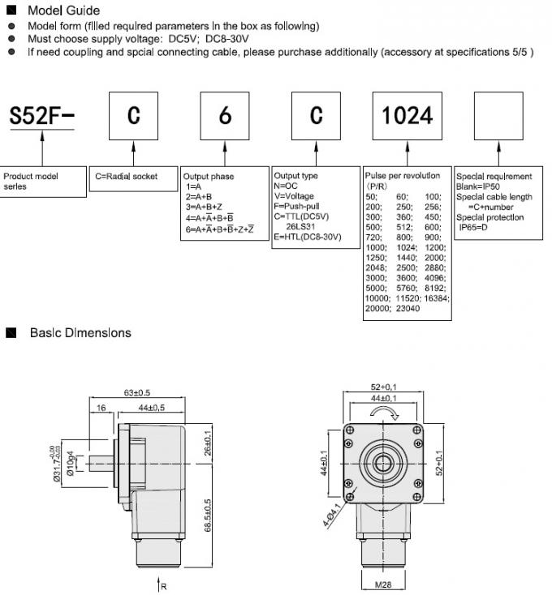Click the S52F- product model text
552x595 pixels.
41,117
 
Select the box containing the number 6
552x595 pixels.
225,115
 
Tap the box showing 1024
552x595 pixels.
408,115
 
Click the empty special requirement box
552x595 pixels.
499,115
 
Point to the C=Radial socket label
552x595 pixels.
127,176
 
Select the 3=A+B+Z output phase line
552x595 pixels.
206,207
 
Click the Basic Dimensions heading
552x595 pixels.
80,332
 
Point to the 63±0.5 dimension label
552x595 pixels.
139,393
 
